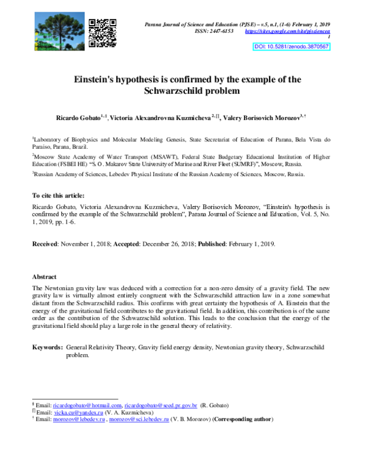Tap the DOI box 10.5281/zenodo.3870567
coord(292,46)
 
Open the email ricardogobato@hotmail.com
coord(88,405)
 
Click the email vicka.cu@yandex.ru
coord(78,412)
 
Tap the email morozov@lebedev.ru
coord(80,419)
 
